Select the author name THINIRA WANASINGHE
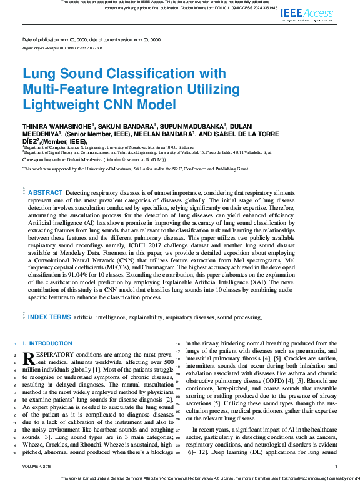[x=57, y=126]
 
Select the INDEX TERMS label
[x=50, y=317]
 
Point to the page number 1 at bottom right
[x=336, y=467]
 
